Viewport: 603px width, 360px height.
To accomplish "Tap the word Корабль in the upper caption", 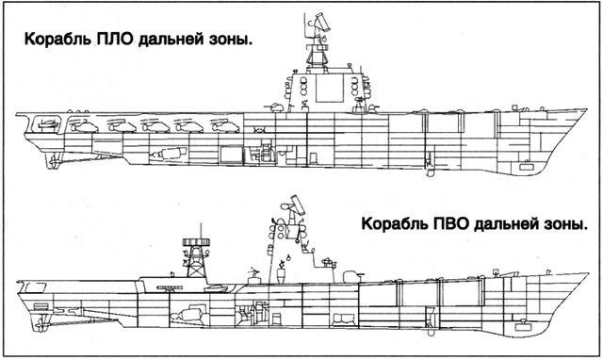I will pyautogui.click(x=56, y=41).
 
